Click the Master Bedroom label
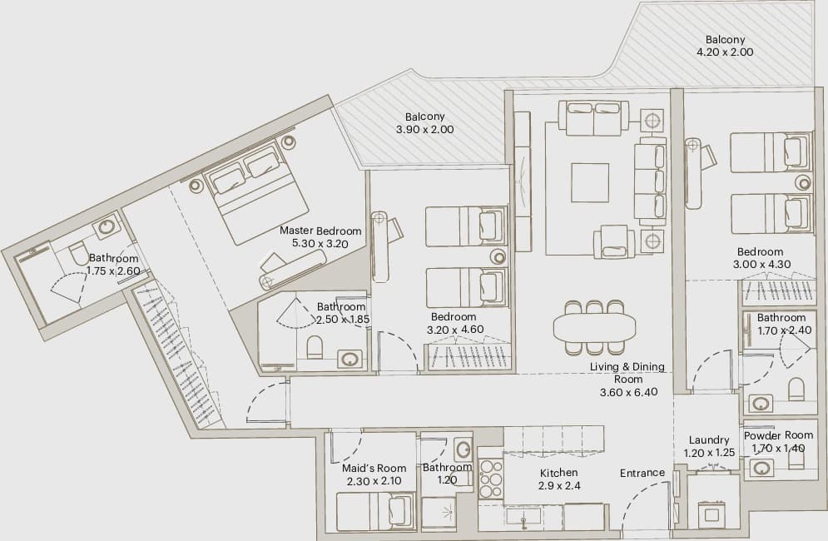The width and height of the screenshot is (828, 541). [320, 231]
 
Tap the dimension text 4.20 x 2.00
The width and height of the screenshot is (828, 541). [725, 52]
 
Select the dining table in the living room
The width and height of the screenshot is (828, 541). [595, 328]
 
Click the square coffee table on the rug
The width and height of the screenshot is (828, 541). [590, 181]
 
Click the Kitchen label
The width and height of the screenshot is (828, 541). [558, 473]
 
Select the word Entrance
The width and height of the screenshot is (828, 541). [642, 473]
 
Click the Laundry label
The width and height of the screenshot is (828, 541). [709, 440]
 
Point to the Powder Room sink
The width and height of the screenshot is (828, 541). [761, 468]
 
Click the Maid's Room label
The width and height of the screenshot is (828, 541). [374, 468]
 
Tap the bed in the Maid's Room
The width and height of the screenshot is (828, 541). [376, 510]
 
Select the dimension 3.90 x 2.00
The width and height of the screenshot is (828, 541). [425, 130]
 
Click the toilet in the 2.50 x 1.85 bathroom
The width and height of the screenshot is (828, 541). [315, 347]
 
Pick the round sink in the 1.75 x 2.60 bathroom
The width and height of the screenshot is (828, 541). [107, 228]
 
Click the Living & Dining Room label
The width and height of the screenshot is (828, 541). [627, 373]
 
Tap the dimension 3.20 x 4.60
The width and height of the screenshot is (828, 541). [454, 329]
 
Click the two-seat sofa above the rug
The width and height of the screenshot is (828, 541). [593, 119]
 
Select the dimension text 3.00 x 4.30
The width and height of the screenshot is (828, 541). [761, 264]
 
